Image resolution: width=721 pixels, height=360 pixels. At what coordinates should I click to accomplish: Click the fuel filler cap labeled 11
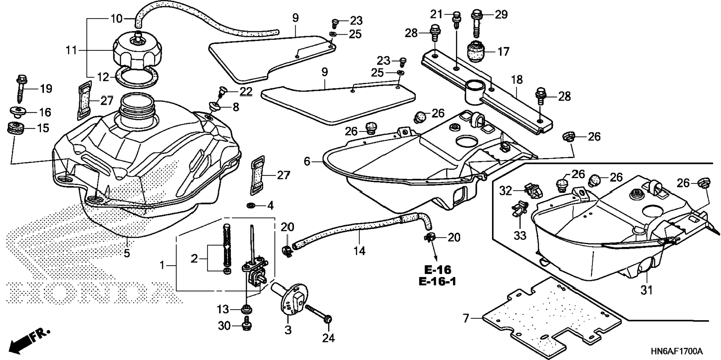pyautogui.click(x=137, y=52)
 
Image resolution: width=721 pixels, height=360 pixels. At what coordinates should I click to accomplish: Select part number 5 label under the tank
pyautogui.click(x=127, y=253)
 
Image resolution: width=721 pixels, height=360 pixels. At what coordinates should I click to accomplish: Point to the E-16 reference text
pyautogui.click(x=437, y=269)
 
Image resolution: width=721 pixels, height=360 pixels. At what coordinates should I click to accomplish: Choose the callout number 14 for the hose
pyautogui.click(x=359, y=251)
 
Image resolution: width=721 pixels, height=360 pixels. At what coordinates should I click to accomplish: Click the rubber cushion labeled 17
pyautogui.click(x=476, y=51)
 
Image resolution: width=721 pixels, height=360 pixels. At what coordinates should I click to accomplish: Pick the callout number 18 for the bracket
pyautogui.click(x=517, y=80)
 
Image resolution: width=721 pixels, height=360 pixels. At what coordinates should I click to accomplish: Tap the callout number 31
pyautogui.click(x=646, y=290)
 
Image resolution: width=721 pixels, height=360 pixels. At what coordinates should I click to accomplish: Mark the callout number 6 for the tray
pyautogui.click(x=307, y=161)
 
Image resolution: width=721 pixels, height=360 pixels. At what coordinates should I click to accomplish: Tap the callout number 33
pyautogui.click(x=520, y=236)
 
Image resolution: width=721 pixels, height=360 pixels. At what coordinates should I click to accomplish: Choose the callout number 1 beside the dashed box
pyautogui.click(x=162, y=265)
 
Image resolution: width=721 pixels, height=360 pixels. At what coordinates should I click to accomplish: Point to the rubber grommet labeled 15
pyautogui.click(x=16, y=129)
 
